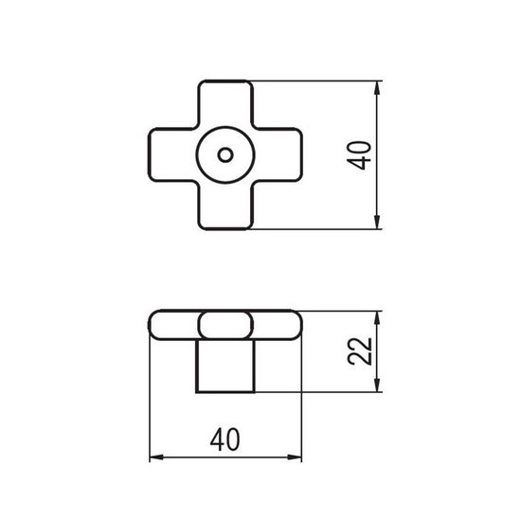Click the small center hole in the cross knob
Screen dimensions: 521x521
pyautogui.click(x=225, y=154)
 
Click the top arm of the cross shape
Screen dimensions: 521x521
pyautogui.click(x=225, y=103)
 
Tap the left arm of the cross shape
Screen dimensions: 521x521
pyautogui.click(x=172, y=154)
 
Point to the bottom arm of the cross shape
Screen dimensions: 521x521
pyautogui.click(x=225, y=206)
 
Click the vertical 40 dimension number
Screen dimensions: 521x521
pyautogui.click(x=359, y=155)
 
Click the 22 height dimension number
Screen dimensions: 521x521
pyautogui.click(x=359, y=351)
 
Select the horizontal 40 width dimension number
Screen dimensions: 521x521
pyautogui.click(x=225, y=439)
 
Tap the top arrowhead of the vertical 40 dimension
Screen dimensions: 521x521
pyautogui.click(x=376, y=88)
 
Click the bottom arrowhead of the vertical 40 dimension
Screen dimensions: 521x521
pyautogui.click(x=376, y=222)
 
